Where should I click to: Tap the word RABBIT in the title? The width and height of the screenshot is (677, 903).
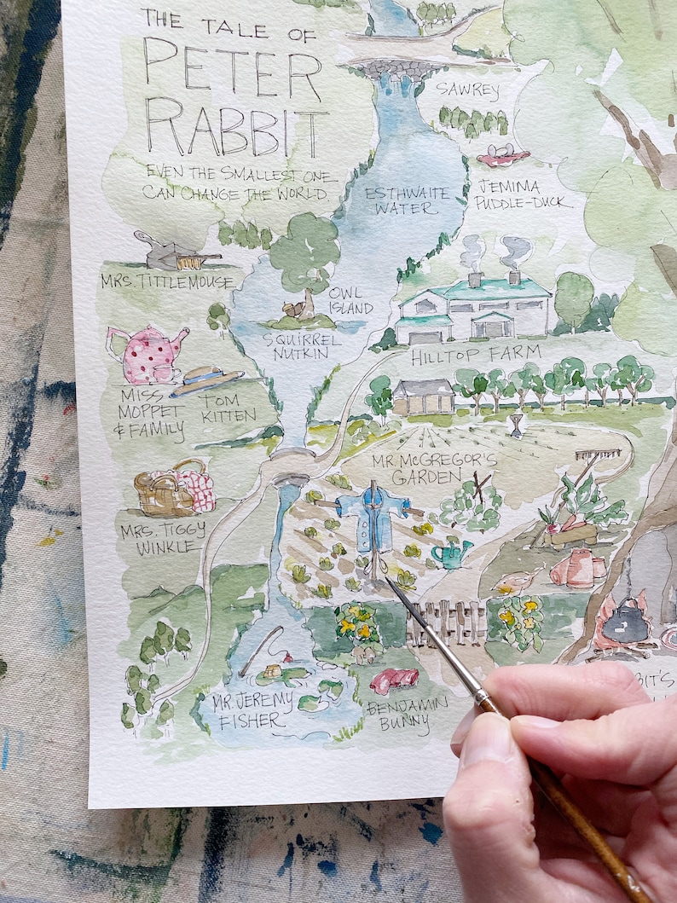point(236,127)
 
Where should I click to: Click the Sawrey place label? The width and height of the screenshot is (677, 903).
point(467,89)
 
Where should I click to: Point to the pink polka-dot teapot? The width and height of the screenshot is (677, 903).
point(148,354)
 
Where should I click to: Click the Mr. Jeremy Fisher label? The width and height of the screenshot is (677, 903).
point(247,710)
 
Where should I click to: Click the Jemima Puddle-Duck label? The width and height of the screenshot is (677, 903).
point(518,194)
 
